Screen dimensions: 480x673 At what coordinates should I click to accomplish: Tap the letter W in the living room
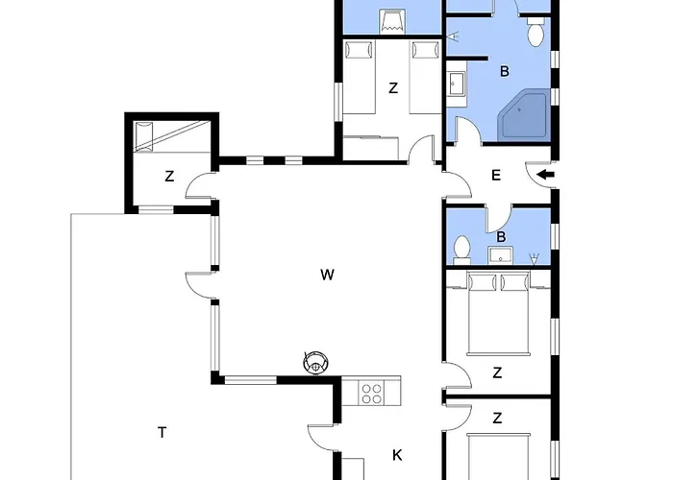pos(327,276)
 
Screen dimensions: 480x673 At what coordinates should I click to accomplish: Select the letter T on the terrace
pos(162,433)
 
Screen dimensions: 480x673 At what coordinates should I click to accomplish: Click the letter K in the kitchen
pos(396,453)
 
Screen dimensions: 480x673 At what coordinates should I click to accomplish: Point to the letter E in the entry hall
pos(496,175)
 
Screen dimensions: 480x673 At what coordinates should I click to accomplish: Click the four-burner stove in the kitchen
pos(372,392)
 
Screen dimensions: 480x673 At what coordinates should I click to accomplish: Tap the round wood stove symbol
pos(315,362)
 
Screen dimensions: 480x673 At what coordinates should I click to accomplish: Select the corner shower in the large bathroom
pos(523,116)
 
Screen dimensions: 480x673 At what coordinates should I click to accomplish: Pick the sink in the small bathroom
pos(500,254)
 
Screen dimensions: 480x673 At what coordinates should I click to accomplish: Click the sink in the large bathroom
pos(456,87)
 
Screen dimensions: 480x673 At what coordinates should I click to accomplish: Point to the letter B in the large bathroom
pos(503,71)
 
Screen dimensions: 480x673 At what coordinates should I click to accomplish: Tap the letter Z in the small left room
pos(169,176)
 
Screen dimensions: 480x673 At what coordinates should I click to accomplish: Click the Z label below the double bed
pos(497,372)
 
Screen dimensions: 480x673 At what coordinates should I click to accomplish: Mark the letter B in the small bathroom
pos(501,236)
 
